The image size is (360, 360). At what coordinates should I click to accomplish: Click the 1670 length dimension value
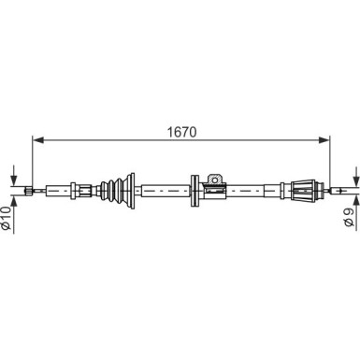[182, 132]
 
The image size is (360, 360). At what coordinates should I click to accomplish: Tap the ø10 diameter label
[7, 218]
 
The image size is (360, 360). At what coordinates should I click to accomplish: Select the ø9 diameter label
[349, 218]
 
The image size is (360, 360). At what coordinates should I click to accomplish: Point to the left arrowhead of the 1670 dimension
[37, 140]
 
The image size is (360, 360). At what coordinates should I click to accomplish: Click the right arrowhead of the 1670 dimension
[324, 140]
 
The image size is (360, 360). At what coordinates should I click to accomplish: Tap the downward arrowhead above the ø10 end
[13, 180]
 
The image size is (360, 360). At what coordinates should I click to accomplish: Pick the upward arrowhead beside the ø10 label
[13, 201]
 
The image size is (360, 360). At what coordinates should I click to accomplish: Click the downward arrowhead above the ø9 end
[355, 181]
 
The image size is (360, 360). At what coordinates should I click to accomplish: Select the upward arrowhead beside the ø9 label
[355, 200]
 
